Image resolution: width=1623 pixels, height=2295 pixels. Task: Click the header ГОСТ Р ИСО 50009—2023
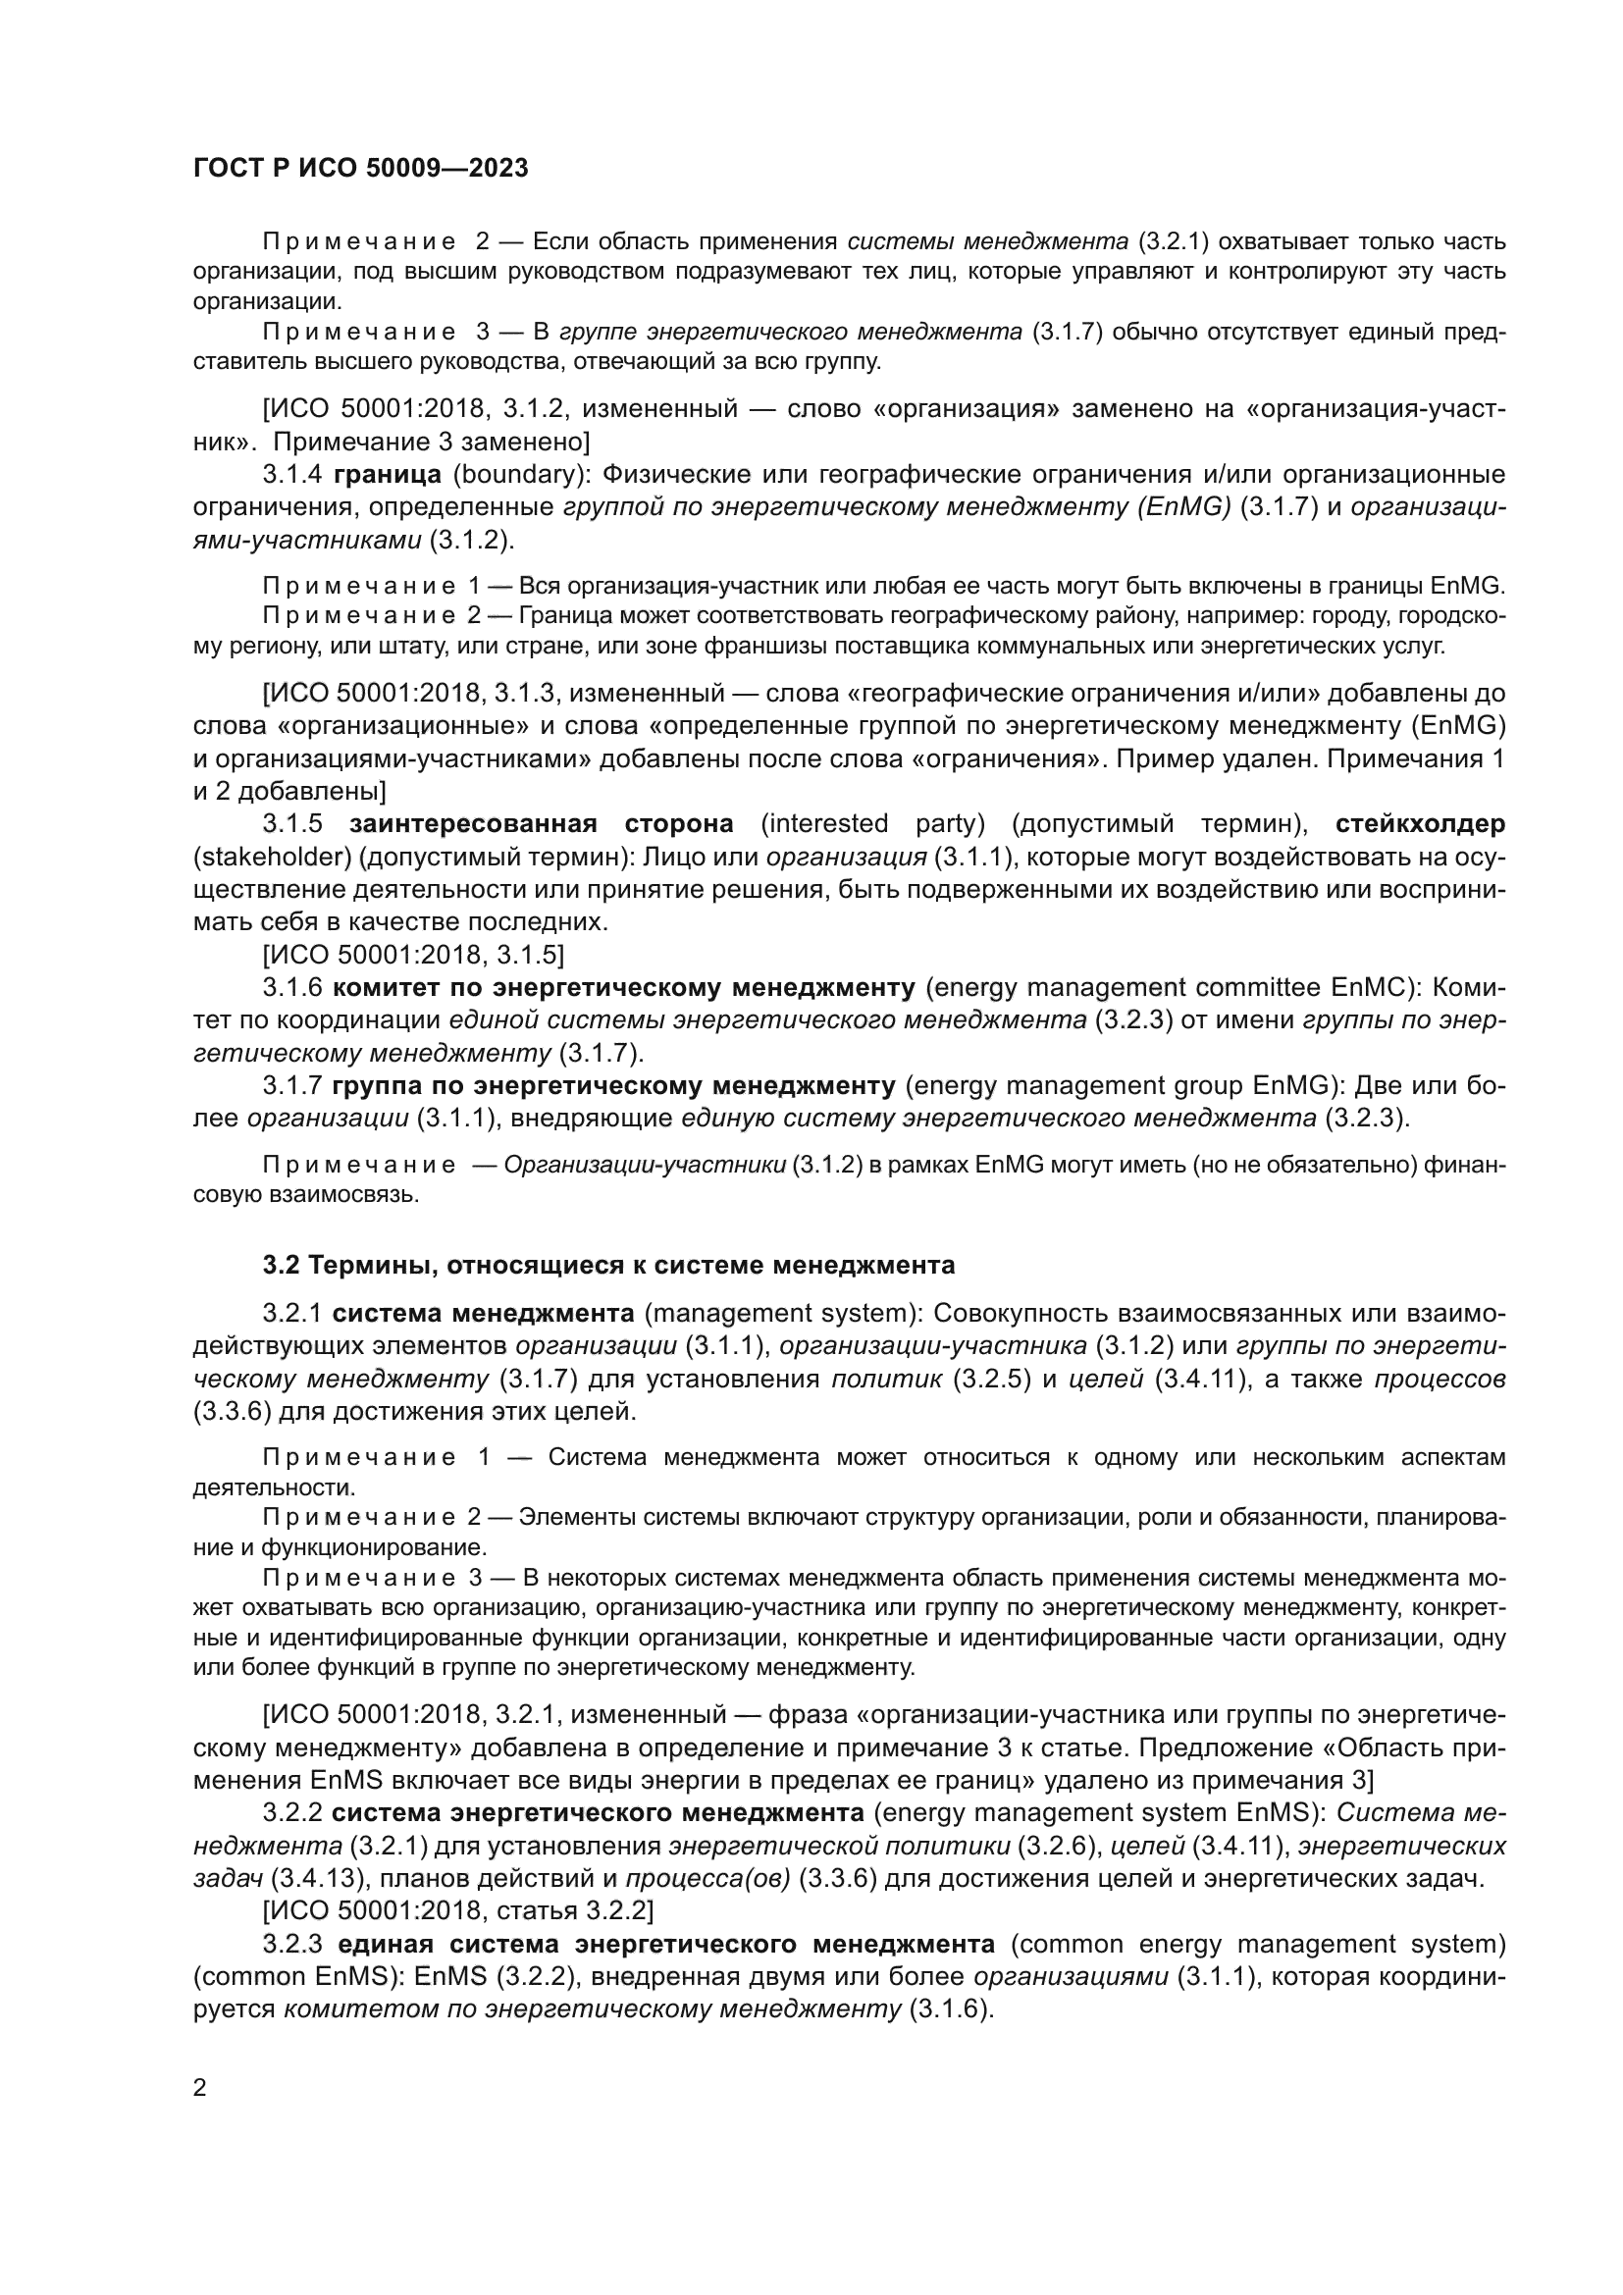(x=360, y=168)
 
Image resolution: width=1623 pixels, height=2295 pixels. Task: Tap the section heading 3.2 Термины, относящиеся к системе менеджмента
(x=608, y=1266)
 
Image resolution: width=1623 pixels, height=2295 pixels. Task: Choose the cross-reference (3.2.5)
(x=990, y=1380)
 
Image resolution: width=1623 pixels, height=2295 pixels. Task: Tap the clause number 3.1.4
(x=292, y=474)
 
